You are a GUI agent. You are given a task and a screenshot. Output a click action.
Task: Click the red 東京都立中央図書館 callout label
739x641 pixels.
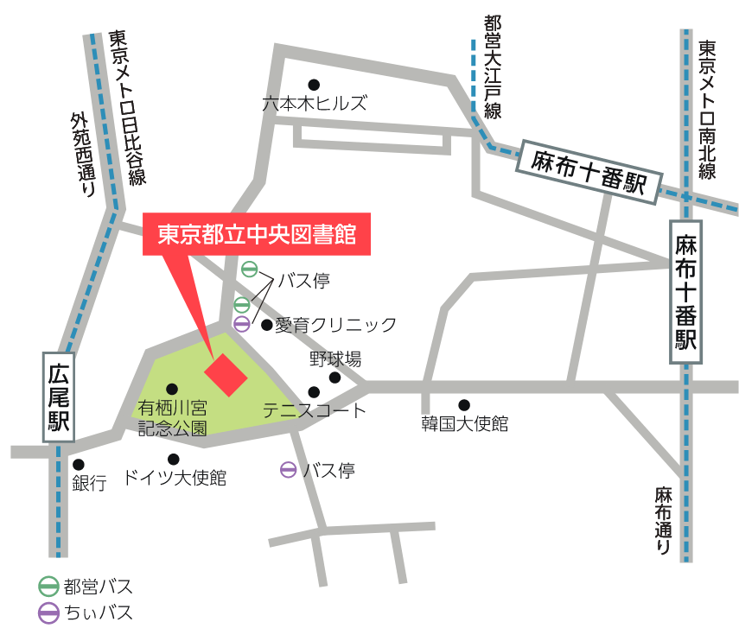click(x=257, y=235)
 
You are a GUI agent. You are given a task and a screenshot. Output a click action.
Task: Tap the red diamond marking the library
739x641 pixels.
click(x=226, y=374)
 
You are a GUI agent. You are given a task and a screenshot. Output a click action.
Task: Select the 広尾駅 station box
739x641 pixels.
click(x=59, y=397)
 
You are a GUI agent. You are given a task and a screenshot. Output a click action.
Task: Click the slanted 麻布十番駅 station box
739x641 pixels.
click(x=589, y=173)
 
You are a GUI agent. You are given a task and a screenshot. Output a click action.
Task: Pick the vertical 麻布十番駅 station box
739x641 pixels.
click(x=686, y=291)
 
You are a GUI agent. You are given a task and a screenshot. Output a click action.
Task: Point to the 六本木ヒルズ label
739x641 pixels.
click(x=315, y=103)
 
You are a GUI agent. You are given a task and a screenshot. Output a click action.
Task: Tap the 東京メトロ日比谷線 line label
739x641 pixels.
click(x=127, y=108)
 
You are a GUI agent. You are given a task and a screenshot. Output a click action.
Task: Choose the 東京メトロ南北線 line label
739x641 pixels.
click(x=708, y=108)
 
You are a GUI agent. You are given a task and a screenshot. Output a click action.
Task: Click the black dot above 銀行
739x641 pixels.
click(x=79, y=465)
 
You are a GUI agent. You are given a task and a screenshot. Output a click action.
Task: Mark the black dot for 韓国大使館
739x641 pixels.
click(x=464, y=404)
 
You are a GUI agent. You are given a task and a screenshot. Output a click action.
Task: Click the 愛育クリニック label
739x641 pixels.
click(x=336, y=325)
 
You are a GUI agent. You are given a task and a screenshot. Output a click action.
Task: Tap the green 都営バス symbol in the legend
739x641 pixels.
click(x=49, y=587)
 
